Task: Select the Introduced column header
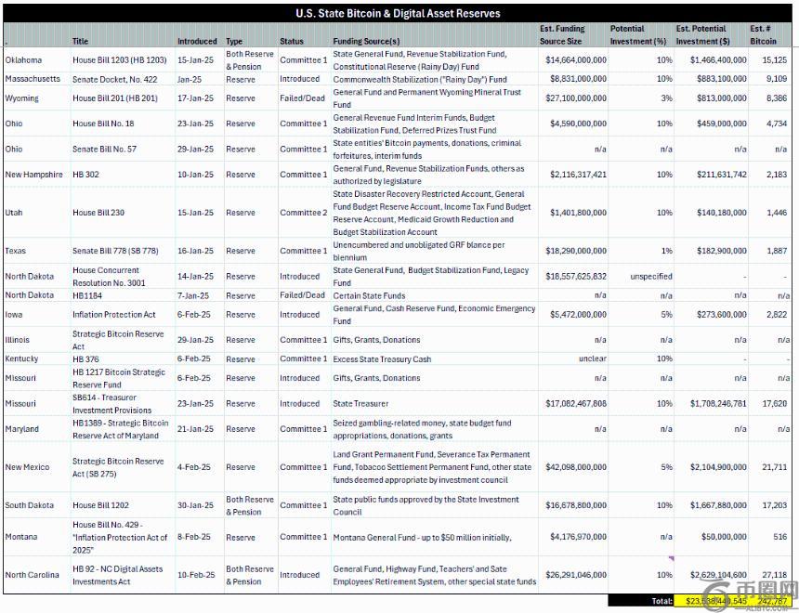(197, 41)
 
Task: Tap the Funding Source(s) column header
(366, 41)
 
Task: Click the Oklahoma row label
(23, 60)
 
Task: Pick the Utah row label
(15, 213)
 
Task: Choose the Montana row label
(21, 537)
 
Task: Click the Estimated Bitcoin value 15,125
(774, 60)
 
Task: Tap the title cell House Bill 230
(98, 213)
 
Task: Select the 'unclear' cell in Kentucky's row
(592, 359)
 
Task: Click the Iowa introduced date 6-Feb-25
(194, 315)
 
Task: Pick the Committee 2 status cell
(304, 213)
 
